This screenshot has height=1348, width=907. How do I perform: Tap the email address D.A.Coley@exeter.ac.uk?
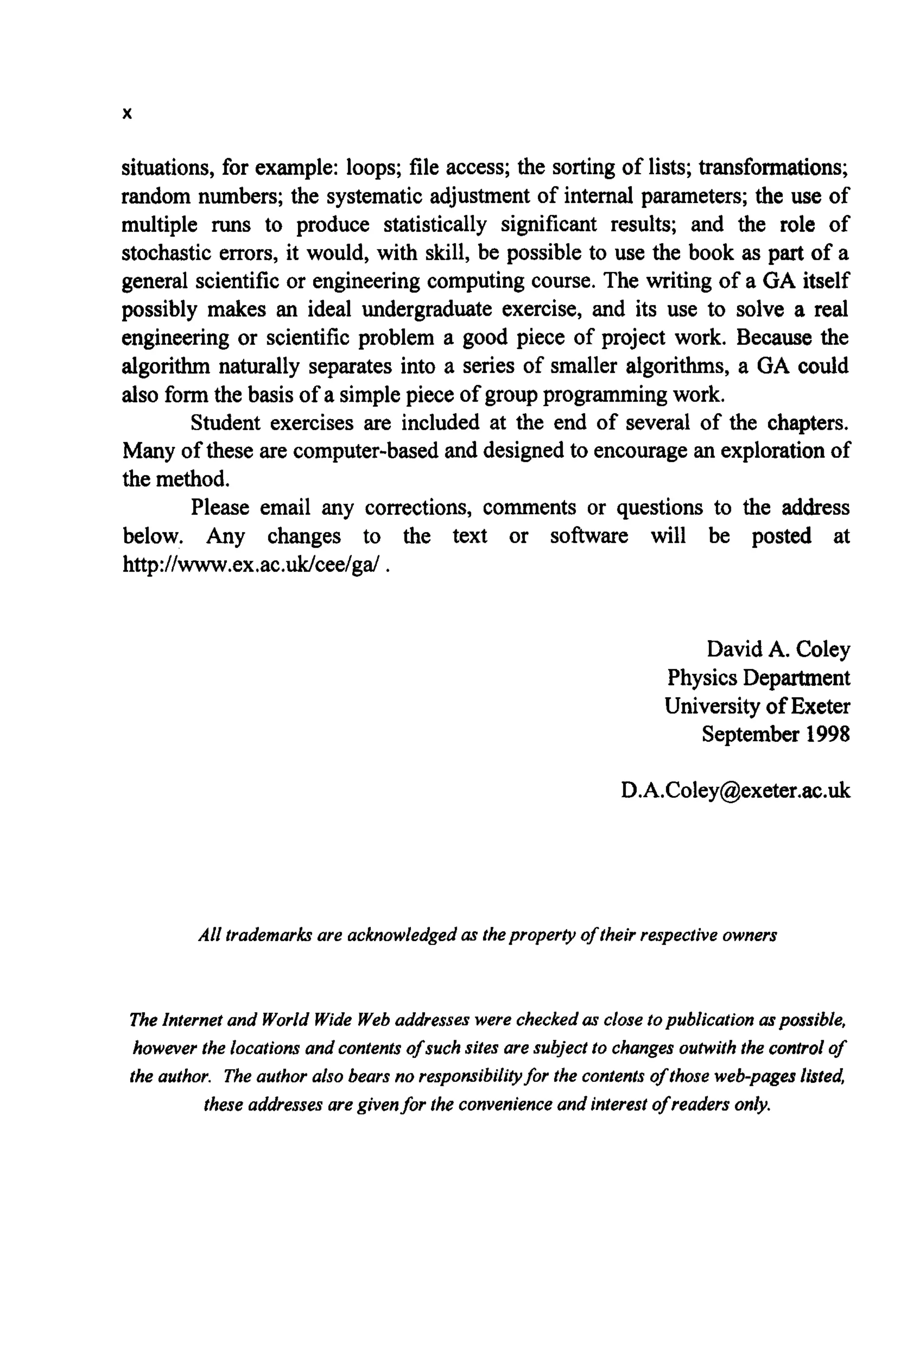[x=735, y=790]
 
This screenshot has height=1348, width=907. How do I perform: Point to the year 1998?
[x=828, y=734]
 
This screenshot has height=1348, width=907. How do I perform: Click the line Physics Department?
[x=758, y=677]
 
